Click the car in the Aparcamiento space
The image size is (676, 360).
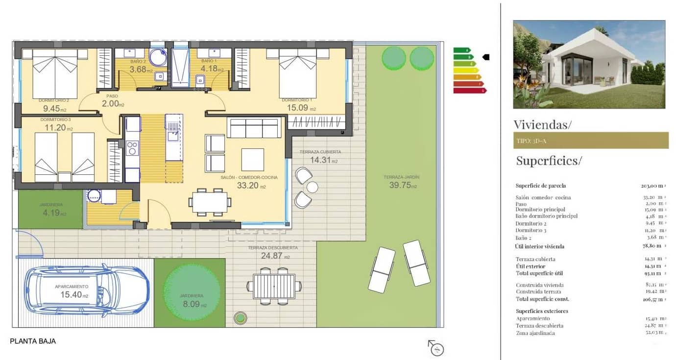coord(87,291)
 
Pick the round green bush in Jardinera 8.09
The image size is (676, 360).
coord(192,292)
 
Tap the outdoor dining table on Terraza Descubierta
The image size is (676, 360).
coord(274,286)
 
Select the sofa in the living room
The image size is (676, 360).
coord(254,128)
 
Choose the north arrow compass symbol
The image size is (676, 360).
coord(436,348)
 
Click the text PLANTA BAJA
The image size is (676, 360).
coord(33,341)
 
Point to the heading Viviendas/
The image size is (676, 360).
coord(542,124)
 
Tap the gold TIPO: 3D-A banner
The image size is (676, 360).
coord(590,141)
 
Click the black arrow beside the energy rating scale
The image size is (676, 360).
coord(486,57)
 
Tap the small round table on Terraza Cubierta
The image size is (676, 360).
coord(312,187)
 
